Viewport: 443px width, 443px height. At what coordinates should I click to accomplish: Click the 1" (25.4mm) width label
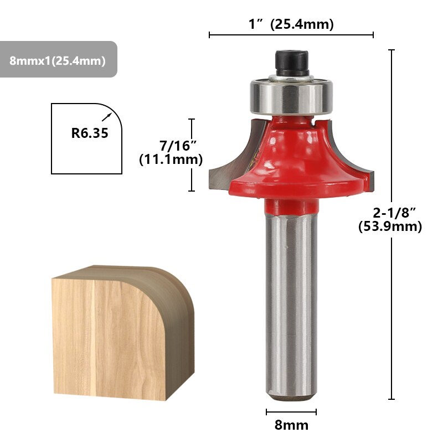[x=291, y=24]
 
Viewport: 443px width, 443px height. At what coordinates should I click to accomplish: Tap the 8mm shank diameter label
[x=291, y=425]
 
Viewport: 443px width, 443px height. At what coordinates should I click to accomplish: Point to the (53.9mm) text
[x=390, y=226]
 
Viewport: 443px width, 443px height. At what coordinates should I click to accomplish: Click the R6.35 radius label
[x=89, y=133]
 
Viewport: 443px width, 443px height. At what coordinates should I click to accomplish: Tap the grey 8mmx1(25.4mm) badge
[x=58, y=60]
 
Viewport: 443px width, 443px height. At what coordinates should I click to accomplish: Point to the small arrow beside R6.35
[x=107, y=117]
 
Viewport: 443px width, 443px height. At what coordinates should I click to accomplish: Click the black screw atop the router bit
[x=291, y=64]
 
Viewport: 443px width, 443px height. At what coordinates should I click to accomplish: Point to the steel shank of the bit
[x=291, y=305]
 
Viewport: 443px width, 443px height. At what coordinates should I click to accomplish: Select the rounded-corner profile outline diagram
[x=86, y=138]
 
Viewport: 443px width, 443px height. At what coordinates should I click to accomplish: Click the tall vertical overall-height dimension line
[x=392, y=138]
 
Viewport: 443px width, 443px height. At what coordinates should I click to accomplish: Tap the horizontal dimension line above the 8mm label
[x=291, y=412]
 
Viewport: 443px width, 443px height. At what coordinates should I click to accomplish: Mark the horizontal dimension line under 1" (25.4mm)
[x=291, y=35]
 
